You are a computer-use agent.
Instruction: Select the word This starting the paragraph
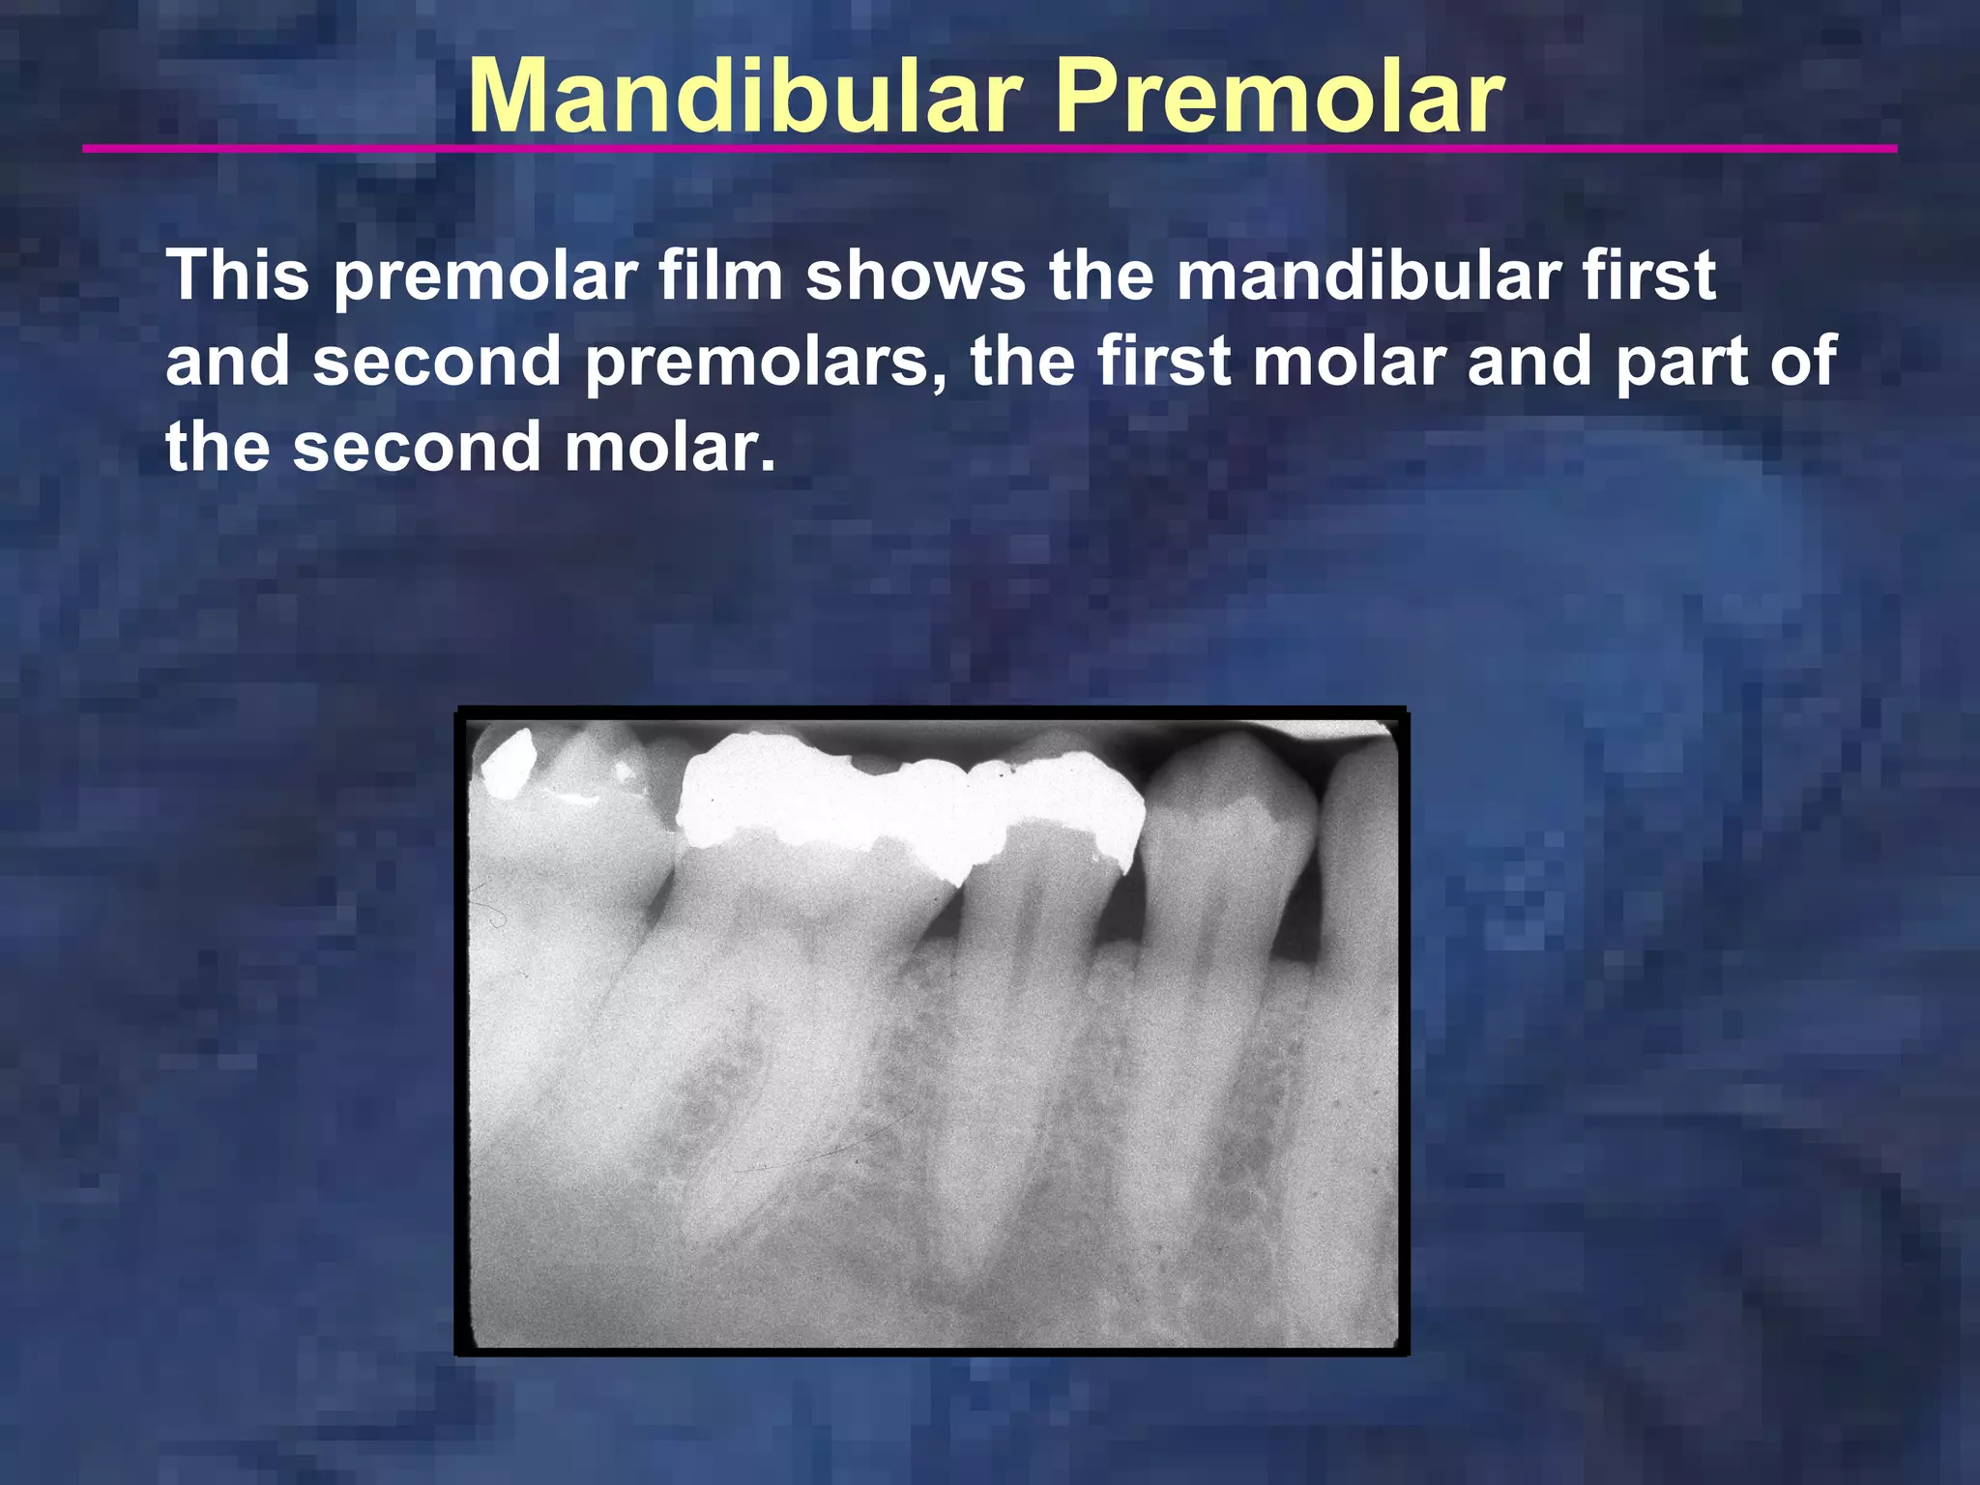coord(238,276)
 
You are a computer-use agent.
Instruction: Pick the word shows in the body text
coord(915,276)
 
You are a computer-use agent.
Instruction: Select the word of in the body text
coord(1802,362)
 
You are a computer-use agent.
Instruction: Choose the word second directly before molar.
coord(417,448)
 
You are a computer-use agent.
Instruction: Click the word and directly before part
coord(1529,362)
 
